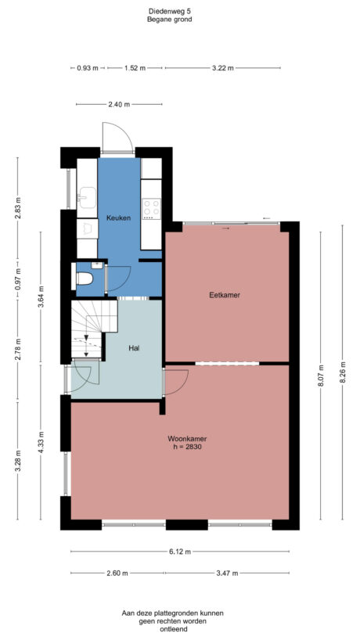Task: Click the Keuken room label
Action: (x=119, y=217)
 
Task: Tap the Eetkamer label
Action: (x=224, y=295)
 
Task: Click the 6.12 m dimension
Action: (x=180, y=552)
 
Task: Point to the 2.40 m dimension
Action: (x=120, y=104)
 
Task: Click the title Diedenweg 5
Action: (x=168, y=11)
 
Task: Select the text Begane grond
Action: (x=168, y=20)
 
